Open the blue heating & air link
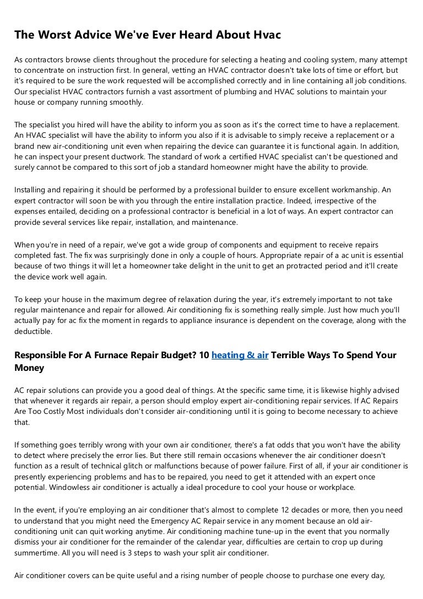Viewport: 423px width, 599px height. tap(240, 355)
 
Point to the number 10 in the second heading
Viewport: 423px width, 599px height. tap(203, 355)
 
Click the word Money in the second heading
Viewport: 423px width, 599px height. tap(29, 368)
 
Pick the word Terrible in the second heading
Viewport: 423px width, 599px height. tap(292, 355)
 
